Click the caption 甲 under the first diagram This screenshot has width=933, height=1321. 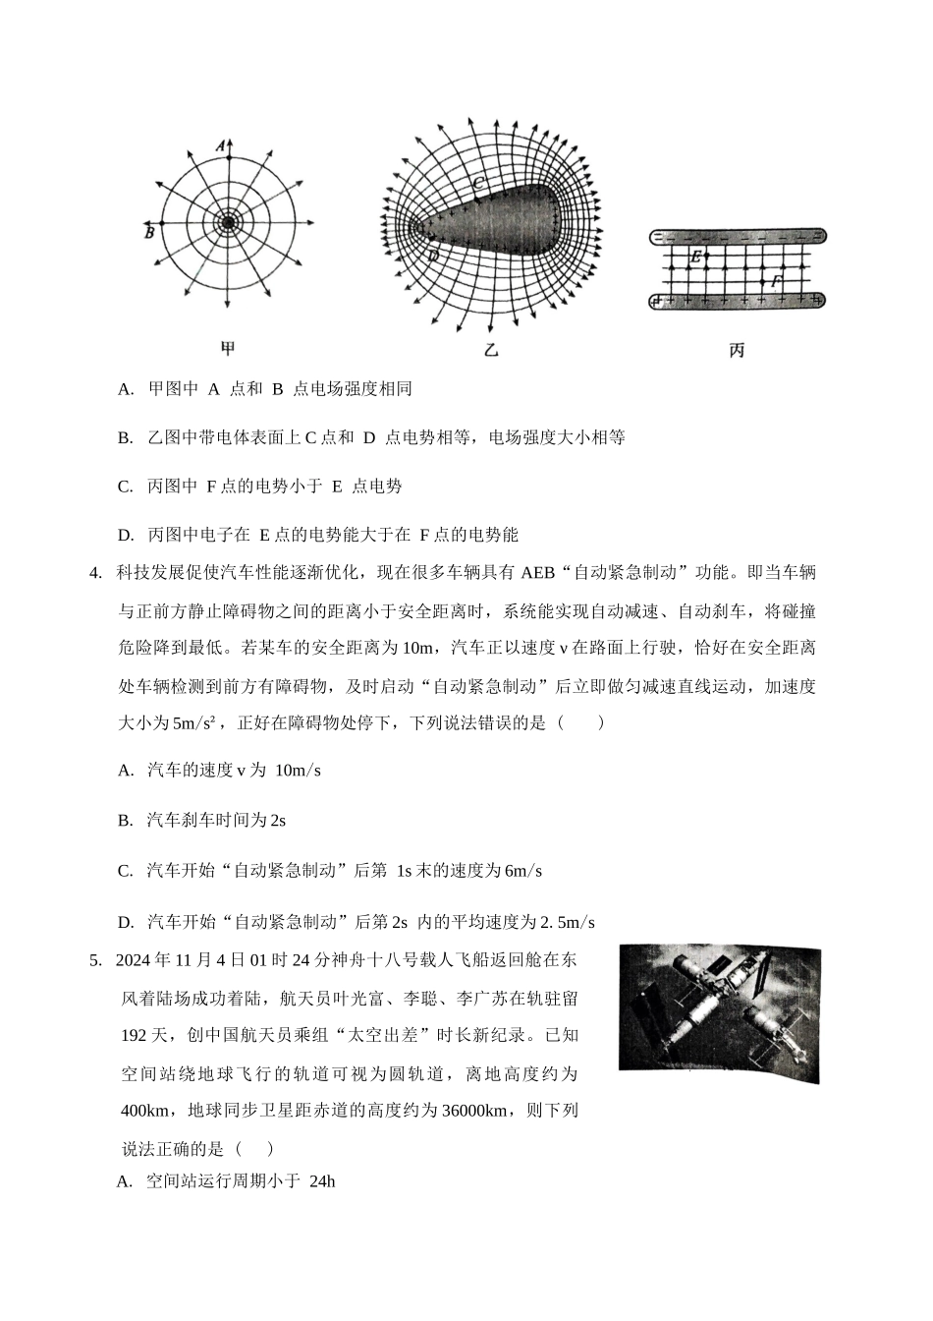click(x=228, y=348)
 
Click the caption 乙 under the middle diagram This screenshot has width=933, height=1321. click(x=491, y=350)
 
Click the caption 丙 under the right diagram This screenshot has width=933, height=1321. click(x=738, y=350)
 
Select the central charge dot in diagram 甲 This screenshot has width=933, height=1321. click(x=228, y=223)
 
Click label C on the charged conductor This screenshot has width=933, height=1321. click(x=478, y=183)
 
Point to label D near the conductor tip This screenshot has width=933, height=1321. click(x=433, y=256)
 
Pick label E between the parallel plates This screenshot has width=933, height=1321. click(x=695, y=258)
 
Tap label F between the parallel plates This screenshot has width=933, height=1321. click(x=776, y=282)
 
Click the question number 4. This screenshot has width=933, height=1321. click(x=95, y=573)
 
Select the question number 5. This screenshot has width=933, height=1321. click(x=95, y=960)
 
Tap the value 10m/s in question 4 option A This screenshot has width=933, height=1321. click(x=299, y=771)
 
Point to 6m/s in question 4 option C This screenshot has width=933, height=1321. click(x=522, y=871)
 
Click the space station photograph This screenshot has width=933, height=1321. click(x=719, y=1013)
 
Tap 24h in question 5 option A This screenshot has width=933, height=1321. click(x=322, y=1181)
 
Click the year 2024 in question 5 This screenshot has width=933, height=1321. click(x=134, y=960)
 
